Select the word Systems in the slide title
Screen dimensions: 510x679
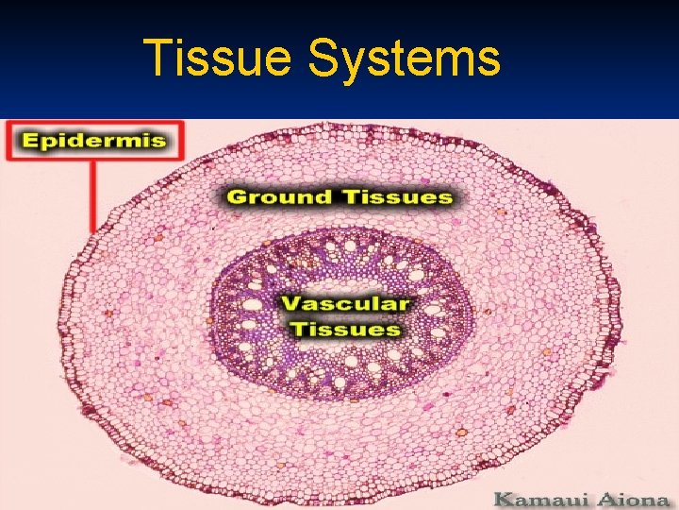coord(404,59)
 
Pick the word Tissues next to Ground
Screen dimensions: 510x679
coord(394,197)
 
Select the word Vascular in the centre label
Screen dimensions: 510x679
coord(347,304)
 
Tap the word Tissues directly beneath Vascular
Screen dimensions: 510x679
coord(345,329)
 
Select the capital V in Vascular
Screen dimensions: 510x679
coord(292,304)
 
